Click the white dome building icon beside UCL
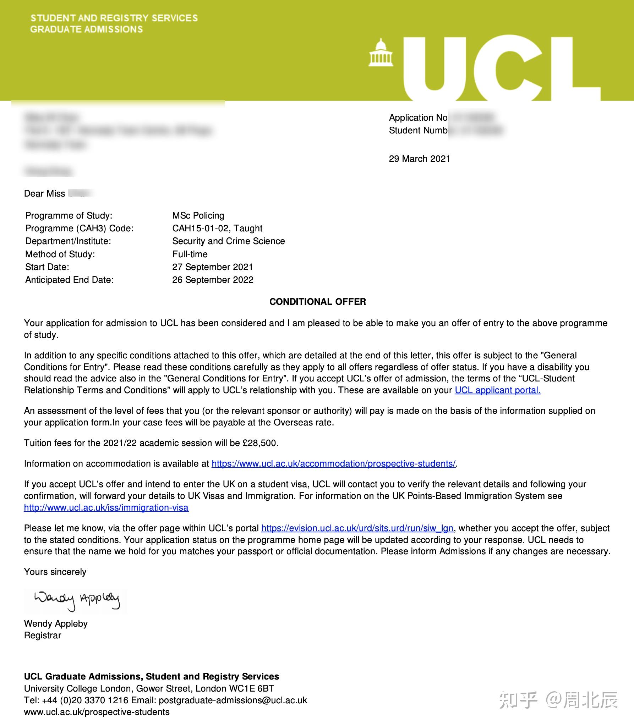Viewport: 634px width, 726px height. click(381, 53)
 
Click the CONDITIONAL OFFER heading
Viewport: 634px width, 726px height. click(317, 302)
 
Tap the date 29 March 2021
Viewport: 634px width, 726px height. click(419, 159)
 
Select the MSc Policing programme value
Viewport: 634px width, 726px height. click(198, 215)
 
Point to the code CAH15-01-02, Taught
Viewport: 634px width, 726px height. click(217, 228)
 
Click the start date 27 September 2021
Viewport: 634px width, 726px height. click(212, 267)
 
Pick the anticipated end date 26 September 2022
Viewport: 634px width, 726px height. click(213, 280)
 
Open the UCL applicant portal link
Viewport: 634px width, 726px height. click(497, 390)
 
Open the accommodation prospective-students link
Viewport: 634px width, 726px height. click(333, 463)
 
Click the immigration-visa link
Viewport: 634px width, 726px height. click(106, 507)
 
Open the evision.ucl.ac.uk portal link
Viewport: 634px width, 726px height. click(357, 528)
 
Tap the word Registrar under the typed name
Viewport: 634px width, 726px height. click(43, 635)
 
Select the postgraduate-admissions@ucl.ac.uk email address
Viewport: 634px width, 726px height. click(233, 700)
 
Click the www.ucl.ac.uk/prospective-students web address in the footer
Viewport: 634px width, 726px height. click(97, 712)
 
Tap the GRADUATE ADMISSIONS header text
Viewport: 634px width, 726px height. click(86, 29)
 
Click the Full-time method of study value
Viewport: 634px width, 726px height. click(190, 254)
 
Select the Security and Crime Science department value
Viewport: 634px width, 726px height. click(228, 241)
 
